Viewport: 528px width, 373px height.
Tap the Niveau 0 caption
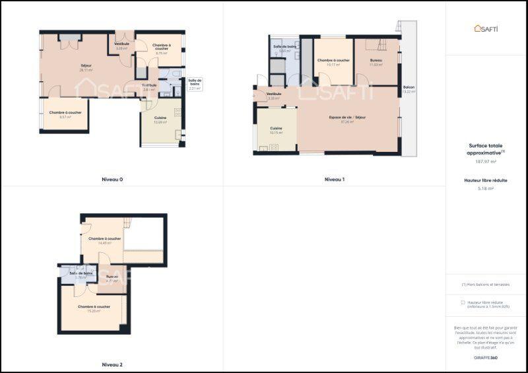pos(112,180)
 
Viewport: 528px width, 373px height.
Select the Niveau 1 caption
pos(335,180)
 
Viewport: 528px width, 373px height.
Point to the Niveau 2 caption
pos(112,364)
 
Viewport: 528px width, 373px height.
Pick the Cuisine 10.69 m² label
pos(160,120)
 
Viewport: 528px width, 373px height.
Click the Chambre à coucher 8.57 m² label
pos(65,114)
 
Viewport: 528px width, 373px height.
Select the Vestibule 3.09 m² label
pos(122,46)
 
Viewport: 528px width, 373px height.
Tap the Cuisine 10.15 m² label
pos(276,130)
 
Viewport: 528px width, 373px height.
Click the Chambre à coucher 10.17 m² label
pos(333,63)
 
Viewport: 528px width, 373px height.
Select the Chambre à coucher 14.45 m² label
pos(104,240)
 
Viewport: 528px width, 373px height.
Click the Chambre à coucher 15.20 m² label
pos(93,308)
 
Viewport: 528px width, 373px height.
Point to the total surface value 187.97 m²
pos(485,161)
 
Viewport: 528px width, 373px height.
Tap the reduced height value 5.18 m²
pos(485,188)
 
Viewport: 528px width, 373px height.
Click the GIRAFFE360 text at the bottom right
pos(485,358)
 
